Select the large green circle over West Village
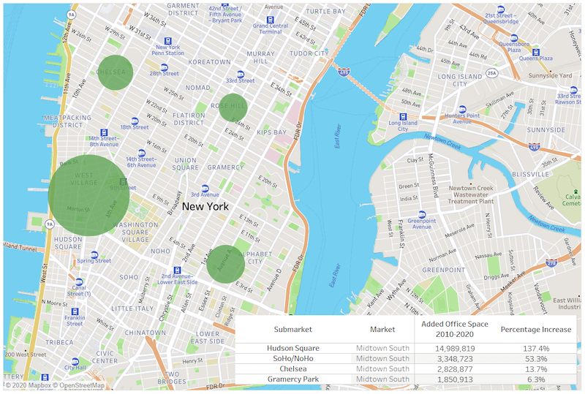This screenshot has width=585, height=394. (89, 195)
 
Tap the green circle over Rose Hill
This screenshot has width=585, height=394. (233, 107)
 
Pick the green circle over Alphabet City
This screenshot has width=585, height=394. (225, 263)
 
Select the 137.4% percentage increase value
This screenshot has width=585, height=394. (535, 349)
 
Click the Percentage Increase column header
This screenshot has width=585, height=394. (535, 330)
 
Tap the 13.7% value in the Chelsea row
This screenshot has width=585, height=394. (535, 369)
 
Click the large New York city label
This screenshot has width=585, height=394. (205, 207)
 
